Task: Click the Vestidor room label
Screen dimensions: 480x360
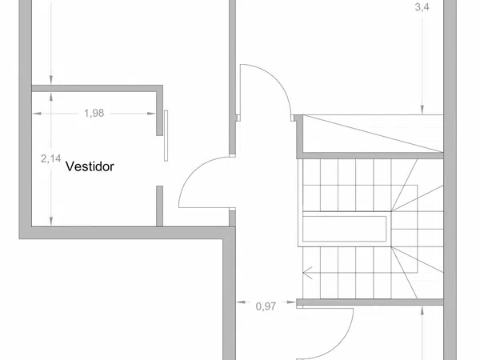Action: [90, 166]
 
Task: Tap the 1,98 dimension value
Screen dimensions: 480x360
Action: [94, 114]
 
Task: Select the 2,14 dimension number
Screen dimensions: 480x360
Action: [51, 158]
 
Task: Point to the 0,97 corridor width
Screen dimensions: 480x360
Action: [266, 306]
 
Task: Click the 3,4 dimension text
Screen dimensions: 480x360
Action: [422, 7]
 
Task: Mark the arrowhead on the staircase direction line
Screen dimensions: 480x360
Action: [307, 273]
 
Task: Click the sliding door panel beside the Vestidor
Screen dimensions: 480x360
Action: [166, 136]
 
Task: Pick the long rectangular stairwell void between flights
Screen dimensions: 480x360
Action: [344, 229]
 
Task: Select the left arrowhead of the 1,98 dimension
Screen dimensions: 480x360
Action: [37, 114]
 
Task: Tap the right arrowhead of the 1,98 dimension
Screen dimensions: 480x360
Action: [151, 114]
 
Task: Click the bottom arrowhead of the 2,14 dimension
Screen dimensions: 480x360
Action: [51, 222]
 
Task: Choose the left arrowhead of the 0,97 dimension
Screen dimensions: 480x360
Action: [241, 302]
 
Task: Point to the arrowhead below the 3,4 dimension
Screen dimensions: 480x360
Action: [422, 110]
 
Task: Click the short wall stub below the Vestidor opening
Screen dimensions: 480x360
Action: [159, 206]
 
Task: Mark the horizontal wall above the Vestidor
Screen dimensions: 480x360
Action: [97, 88]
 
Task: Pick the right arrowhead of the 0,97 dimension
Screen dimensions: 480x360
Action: [291, 302]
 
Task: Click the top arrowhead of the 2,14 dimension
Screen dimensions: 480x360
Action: [51, 97]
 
